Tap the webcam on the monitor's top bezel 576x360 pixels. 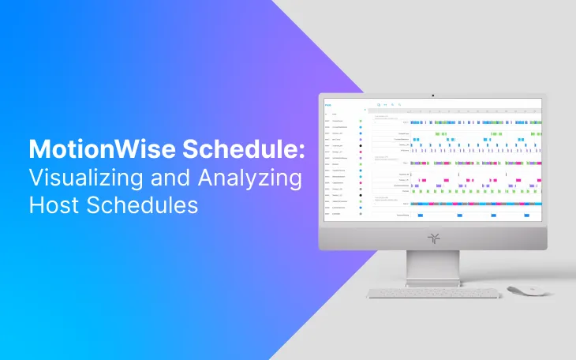[432, 96]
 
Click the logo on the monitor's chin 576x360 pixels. [432, 236]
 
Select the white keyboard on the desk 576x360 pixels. [433, 294]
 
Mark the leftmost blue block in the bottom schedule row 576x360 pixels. [420, 215]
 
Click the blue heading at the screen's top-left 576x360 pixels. [327, 105]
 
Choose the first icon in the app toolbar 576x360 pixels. [379, 104]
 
